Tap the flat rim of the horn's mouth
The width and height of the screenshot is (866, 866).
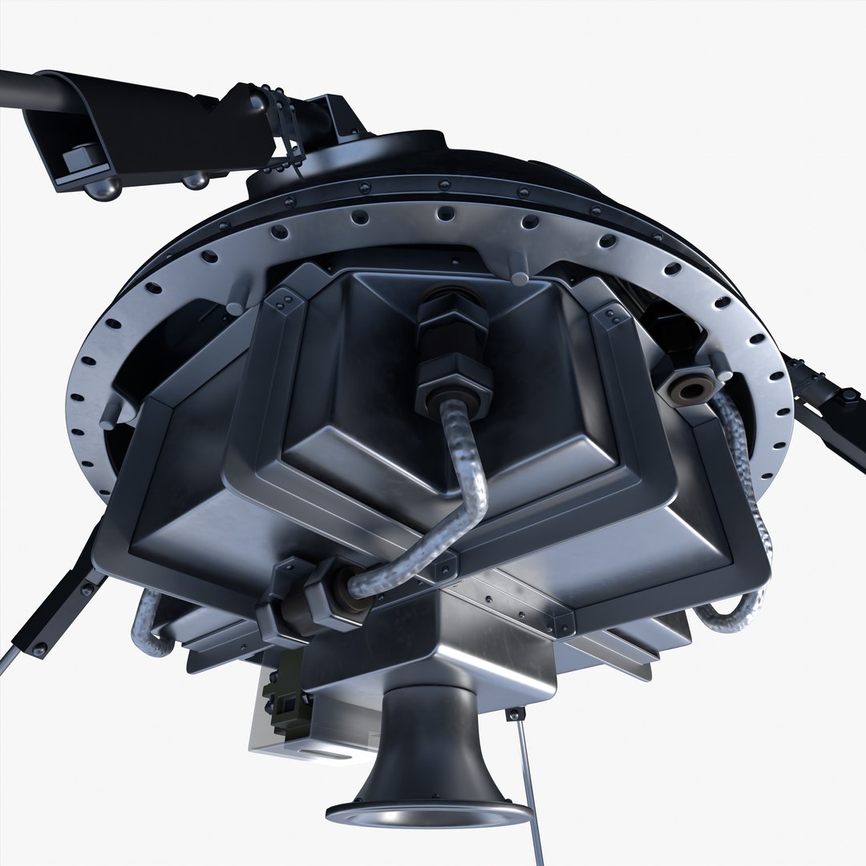point(429,814)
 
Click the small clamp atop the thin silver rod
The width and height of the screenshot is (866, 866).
point(516,713)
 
